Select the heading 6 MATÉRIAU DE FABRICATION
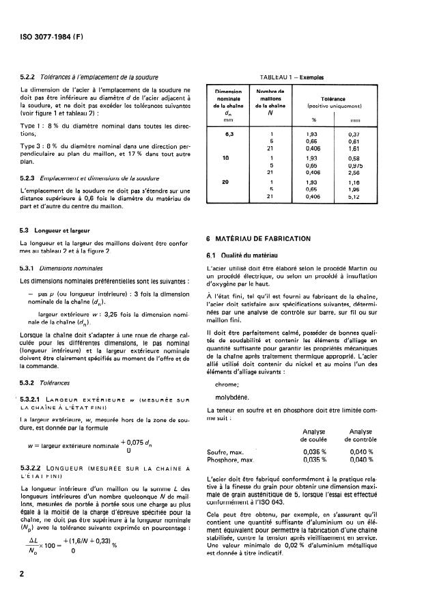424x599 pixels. pos(258,238)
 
